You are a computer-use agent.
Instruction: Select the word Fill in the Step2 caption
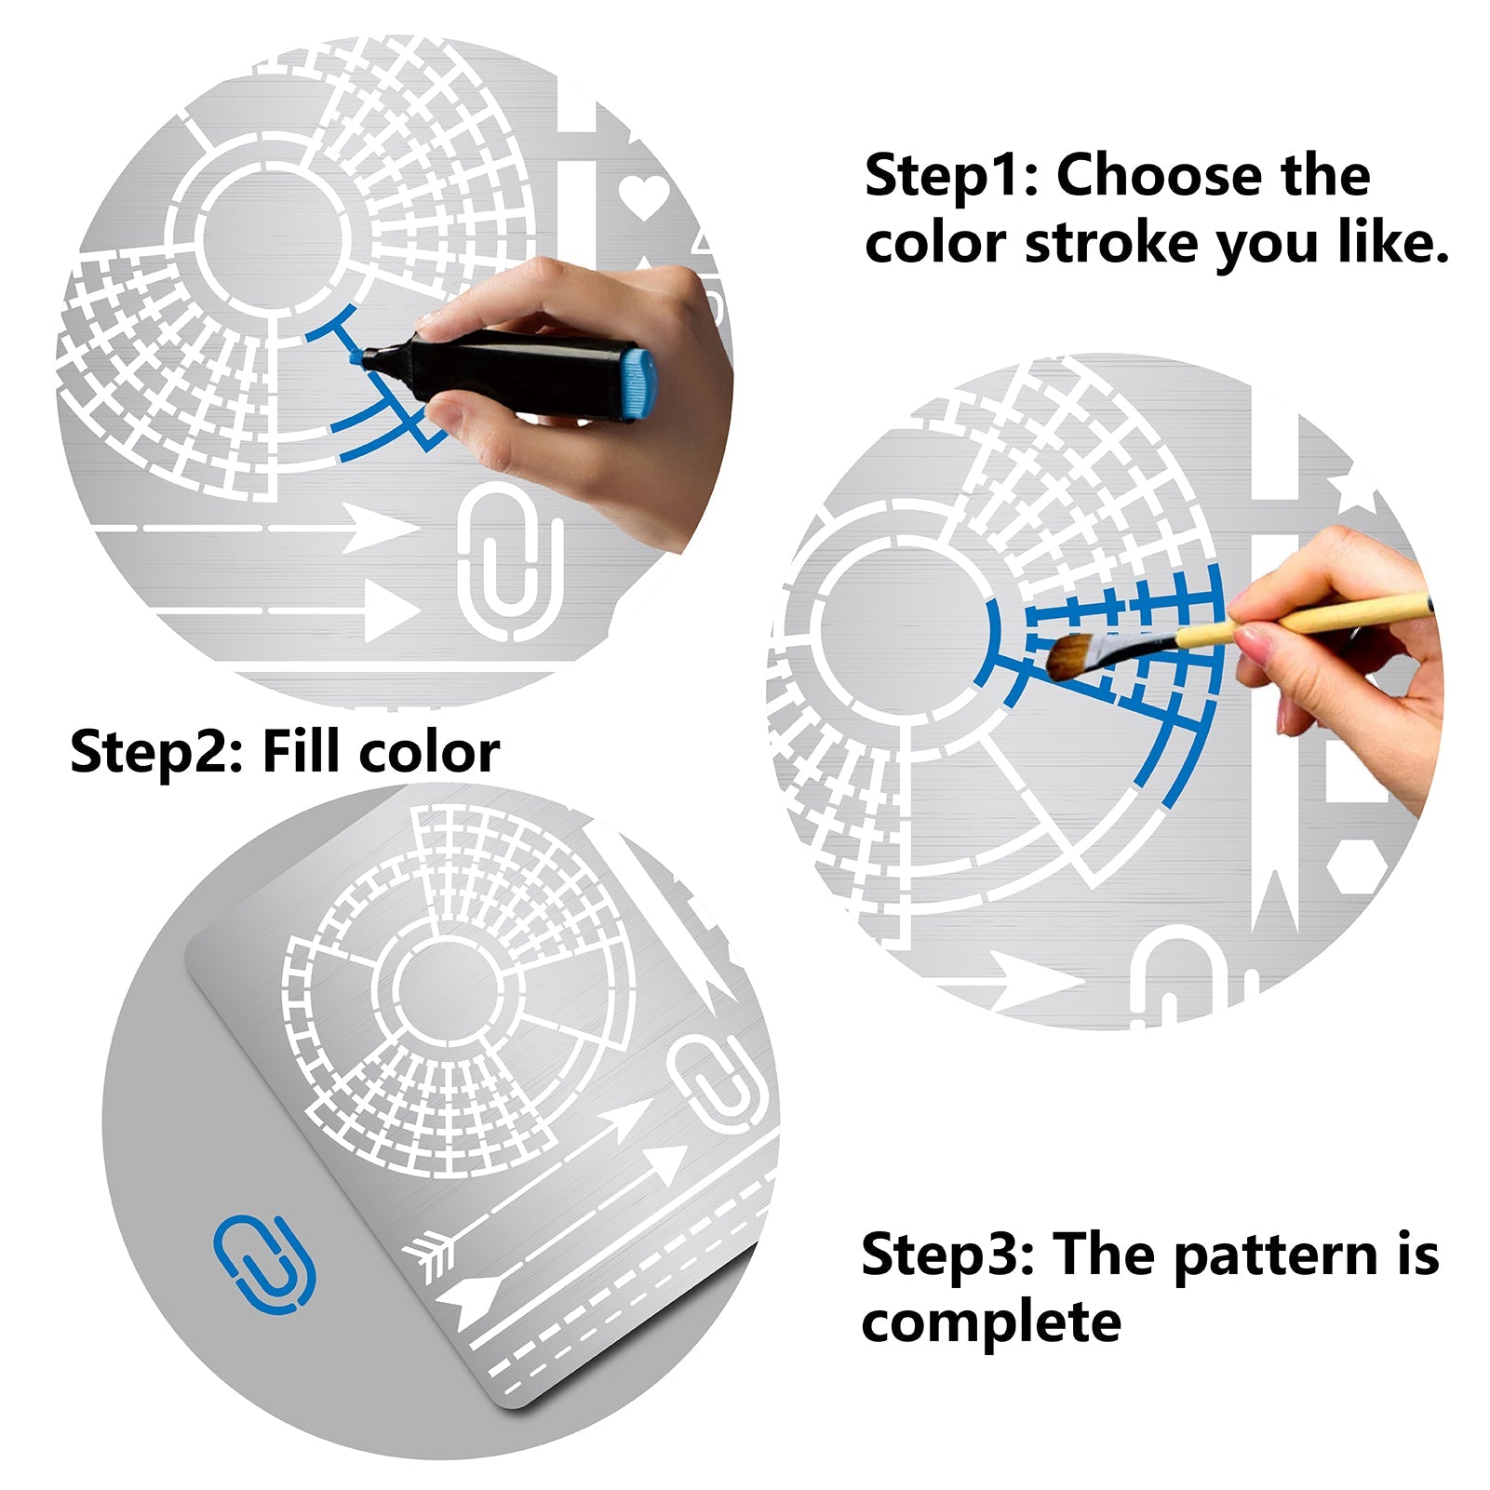point(302,751)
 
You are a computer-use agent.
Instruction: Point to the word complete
point(991,1322)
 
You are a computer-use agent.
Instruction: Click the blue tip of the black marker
point(356,356)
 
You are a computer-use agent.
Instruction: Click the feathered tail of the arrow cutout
point(431,1253)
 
